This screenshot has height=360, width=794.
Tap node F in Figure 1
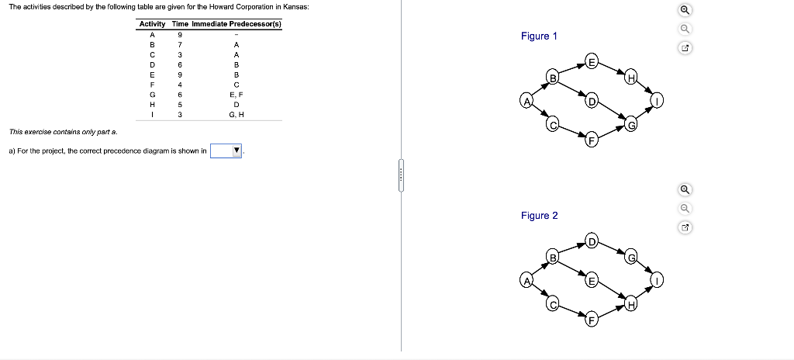coord(592,141)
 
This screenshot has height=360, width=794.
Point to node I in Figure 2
coord(657,282)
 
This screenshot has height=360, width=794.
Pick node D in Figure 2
coord(592,240)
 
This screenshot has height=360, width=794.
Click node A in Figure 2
coord(525,282)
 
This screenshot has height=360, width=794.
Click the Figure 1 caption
coord(539,36)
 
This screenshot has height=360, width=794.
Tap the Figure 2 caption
coord(539,215)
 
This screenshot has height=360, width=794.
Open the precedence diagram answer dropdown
coord(227,151)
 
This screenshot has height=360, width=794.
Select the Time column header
coord(180,24)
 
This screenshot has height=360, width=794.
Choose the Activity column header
coord(153,24)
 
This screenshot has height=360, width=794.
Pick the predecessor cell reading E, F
coord(236,94)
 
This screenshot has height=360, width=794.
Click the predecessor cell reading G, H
coord(236,115)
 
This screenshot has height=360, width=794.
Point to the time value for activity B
coord(180,44)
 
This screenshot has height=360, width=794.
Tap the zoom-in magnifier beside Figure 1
coord(685,11)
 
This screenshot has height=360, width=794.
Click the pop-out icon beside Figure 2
coord(685,228)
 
